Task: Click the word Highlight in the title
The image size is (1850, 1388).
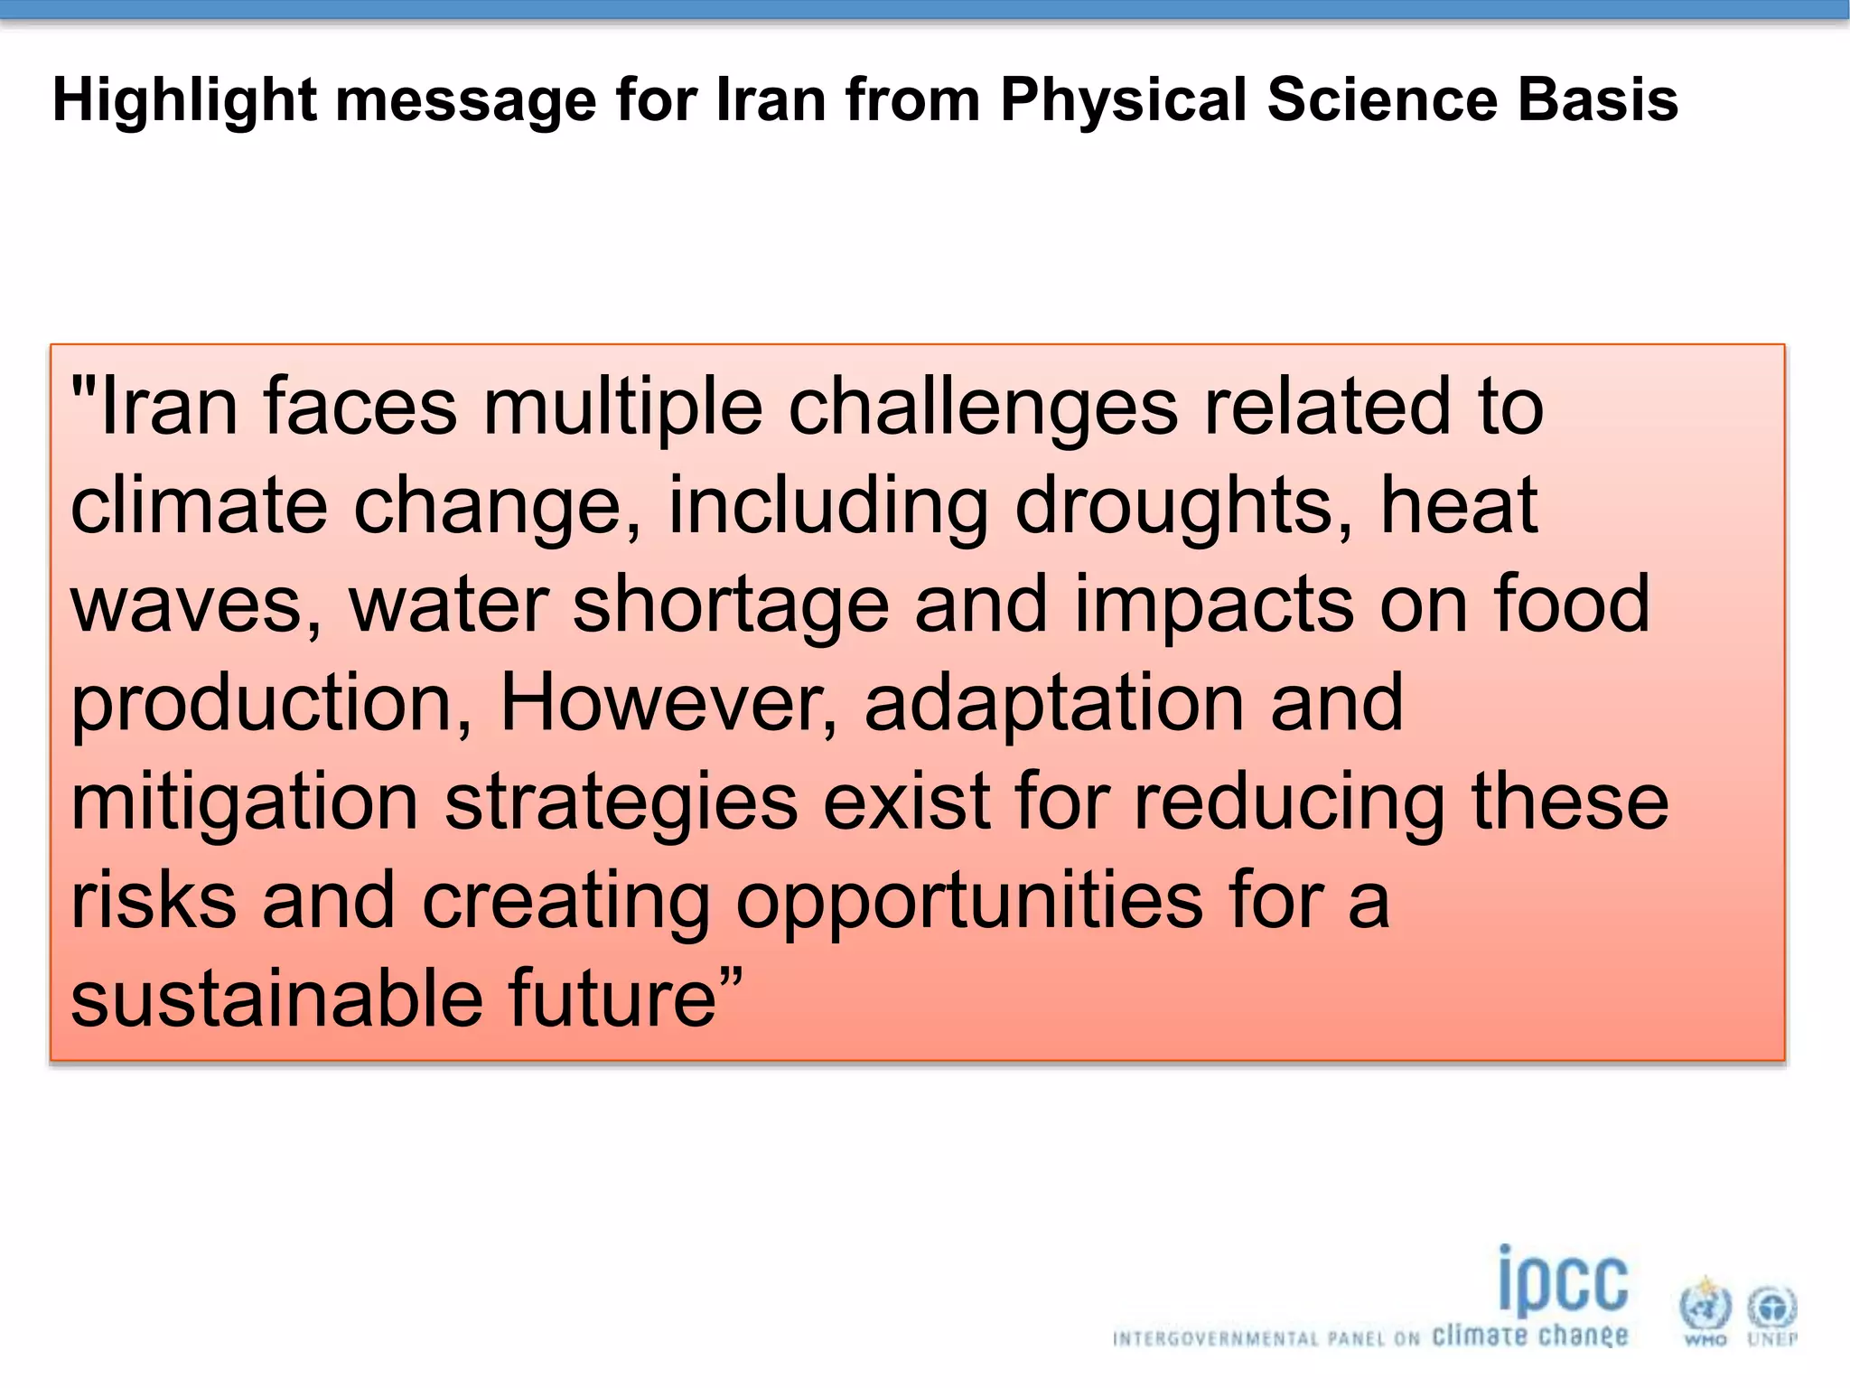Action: point(184,99)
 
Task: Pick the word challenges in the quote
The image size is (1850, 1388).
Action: point(983,408)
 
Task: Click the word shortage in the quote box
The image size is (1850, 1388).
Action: point(731,605)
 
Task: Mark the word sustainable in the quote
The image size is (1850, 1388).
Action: point(276,999)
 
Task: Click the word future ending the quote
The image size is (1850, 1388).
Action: point(614,999)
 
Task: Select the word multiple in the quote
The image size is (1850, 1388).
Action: point(623,408)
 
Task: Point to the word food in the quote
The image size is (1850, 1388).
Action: point(1571,605)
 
